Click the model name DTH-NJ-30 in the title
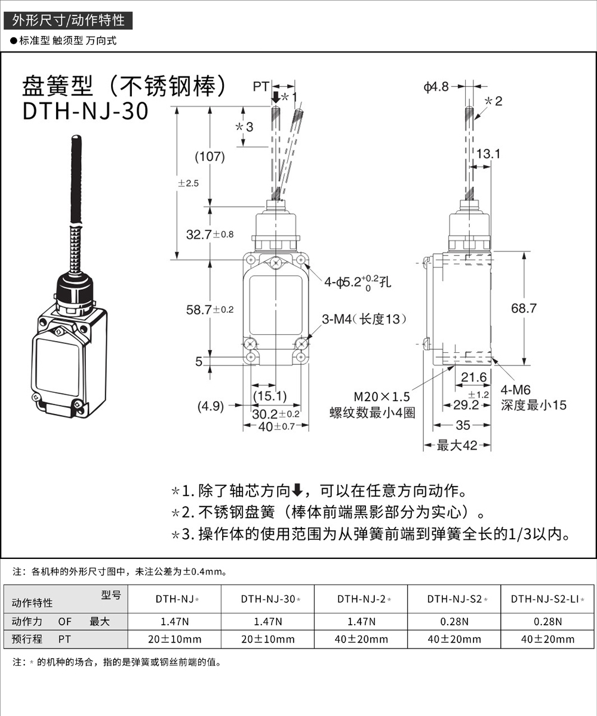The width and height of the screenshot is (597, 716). coord(85,112)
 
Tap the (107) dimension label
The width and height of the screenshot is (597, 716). coord(210,157)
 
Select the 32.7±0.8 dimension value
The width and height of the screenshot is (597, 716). coord(210,235)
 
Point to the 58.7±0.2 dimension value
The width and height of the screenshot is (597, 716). coord(210,309)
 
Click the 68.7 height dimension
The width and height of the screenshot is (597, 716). coord(524,308)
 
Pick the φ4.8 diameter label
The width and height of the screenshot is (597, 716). coord(436,87)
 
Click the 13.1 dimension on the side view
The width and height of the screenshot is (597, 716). coord(488,154)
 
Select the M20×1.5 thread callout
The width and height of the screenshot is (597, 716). coord(382,397)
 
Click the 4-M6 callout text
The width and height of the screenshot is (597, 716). coord(515,390)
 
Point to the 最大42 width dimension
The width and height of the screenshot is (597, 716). coord(457,445)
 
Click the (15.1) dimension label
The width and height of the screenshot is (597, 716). coord(269,395)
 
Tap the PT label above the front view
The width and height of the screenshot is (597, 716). coord(261,87)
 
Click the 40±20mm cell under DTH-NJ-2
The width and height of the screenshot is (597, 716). coord(361,639)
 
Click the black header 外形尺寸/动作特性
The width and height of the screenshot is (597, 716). coord(68,20)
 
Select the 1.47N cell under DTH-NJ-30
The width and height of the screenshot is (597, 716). coord(267,622)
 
